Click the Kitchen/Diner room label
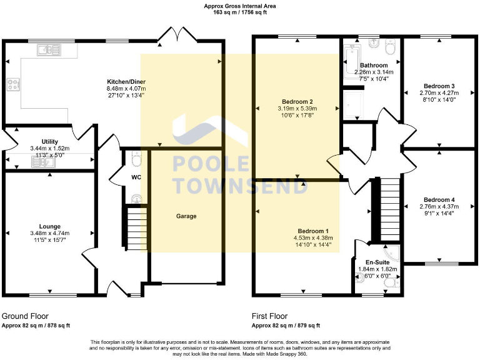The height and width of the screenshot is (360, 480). pyautogui.click(x=126, y=82)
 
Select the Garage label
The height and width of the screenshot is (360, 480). pyautogui.click(x=186, y=216)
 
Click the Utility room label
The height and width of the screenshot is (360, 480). pyautogui.click(x=50, y=142)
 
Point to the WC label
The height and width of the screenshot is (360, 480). pyautogui.click(x=136, y=177)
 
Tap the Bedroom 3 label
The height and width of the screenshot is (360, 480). pyautogui.click(x=439, y=86)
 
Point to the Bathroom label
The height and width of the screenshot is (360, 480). pyautogui.click(x=374, y=65)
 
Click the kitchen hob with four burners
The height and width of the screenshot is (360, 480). pyautogui.click(x=13, y=85)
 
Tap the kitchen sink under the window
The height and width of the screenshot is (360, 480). pyautogui.click(x=47, y=49)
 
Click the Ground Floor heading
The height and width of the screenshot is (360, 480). pyautogui.click(x=25, y=316)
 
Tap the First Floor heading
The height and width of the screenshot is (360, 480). pyautogui.click(x=269, y=316)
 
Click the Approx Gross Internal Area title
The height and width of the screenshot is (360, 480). pyautogui.click(x=239, y=6)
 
